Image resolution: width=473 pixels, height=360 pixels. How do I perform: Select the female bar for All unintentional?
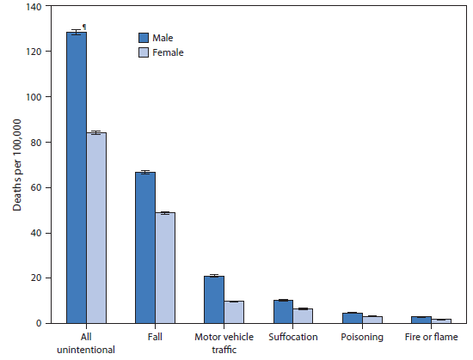point(96,228)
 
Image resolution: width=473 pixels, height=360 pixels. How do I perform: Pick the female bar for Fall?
point(165,268)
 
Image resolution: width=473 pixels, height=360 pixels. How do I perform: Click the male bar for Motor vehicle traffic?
point(214,300)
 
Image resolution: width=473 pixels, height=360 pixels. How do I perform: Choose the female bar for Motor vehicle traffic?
point(234,313)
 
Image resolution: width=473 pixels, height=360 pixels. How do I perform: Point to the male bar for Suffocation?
point(283,312)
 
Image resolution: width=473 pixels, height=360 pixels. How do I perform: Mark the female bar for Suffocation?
point(303,316)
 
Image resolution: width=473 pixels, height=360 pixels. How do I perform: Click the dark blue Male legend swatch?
point(144,38)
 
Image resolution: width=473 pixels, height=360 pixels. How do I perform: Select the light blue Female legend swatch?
point(144,52)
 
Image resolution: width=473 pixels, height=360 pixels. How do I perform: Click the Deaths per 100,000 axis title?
point(16,166)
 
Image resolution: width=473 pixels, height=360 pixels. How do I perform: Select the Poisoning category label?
point(361,338)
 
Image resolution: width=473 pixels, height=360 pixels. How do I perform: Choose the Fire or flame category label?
point(431,338)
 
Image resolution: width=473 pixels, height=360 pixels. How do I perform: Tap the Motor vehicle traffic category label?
point(224,343)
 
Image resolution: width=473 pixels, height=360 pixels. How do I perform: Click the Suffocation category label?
point(293,338)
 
